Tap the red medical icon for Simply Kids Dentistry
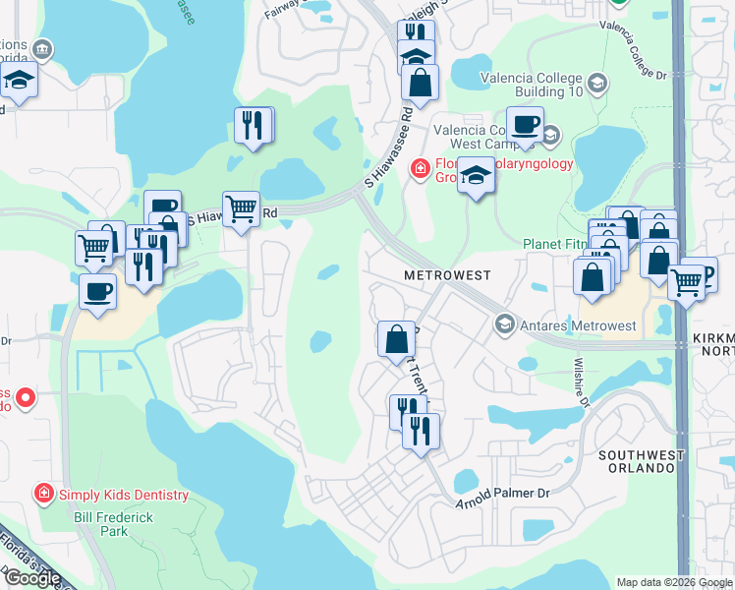(x=44, y=494)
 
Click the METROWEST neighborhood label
(x=446, y=276)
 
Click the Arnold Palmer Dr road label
(x=505, y=494)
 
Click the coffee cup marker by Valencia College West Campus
(x=525, y=125)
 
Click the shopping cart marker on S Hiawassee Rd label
(x=241, y=208)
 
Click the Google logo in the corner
(x=32, y=578)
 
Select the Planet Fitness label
(x=555, y=244)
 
